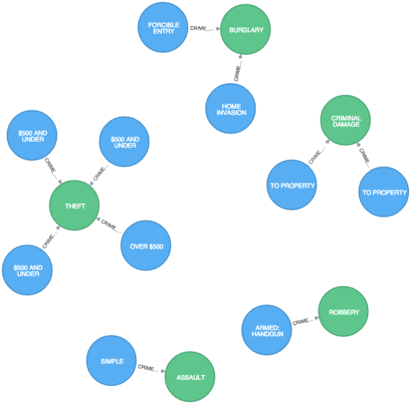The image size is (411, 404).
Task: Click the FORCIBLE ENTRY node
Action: [163, 27]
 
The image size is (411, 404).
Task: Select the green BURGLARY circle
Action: [246, 30]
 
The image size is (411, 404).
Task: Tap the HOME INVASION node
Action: [230, 109]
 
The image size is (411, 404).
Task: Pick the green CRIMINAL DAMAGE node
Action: [345, 121]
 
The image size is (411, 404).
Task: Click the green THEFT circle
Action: [75, 206]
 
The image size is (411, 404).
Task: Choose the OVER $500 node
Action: [146, 246]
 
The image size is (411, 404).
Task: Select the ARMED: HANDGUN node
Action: [266, 330]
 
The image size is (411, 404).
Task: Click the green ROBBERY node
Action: [343, 312]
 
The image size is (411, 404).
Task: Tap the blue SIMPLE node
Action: [112, 361]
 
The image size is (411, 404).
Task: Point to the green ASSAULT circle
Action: [190, 377]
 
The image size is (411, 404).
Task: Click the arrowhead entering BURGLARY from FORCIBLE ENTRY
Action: [218, 29]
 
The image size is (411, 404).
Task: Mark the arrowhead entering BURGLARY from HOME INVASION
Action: [240, 57]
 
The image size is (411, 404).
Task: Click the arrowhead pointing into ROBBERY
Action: [316, 318]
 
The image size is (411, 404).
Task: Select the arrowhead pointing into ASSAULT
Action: [163, 371]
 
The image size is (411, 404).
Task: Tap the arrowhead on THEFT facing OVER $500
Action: [99, 219]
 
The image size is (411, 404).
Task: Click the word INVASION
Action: [230, 112]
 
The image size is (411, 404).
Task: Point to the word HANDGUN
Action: [267, 334]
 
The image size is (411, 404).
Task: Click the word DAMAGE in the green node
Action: [345, 124]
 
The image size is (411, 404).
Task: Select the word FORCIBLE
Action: [163, 24]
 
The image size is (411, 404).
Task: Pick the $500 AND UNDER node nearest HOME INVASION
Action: [124, 142]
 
